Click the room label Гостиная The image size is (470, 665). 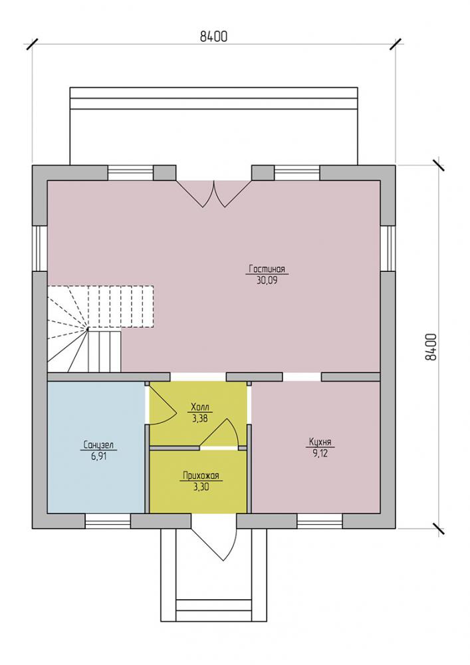tap(267, 269)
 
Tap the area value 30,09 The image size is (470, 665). tap(267, 281)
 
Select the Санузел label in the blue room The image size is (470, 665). tap(98, 446)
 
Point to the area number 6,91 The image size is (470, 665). tap(98, 457)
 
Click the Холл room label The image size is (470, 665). tap(200, 407)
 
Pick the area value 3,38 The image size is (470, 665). tap(200, 418)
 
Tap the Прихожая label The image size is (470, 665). tap(201, 475)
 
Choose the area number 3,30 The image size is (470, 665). tap(201, 487)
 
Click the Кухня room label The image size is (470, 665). tap(320, 442)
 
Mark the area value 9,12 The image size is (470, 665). tap(320, 454)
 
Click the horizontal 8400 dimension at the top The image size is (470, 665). tap(214, 37)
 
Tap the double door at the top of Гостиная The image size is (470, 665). tap(214, 194)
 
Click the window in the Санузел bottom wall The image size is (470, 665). tap(108, 521)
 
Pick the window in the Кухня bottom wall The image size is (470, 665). tap(320, 521)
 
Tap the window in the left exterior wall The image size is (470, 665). tap(40, 248)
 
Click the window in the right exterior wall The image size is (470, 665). tap(388, 248)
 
